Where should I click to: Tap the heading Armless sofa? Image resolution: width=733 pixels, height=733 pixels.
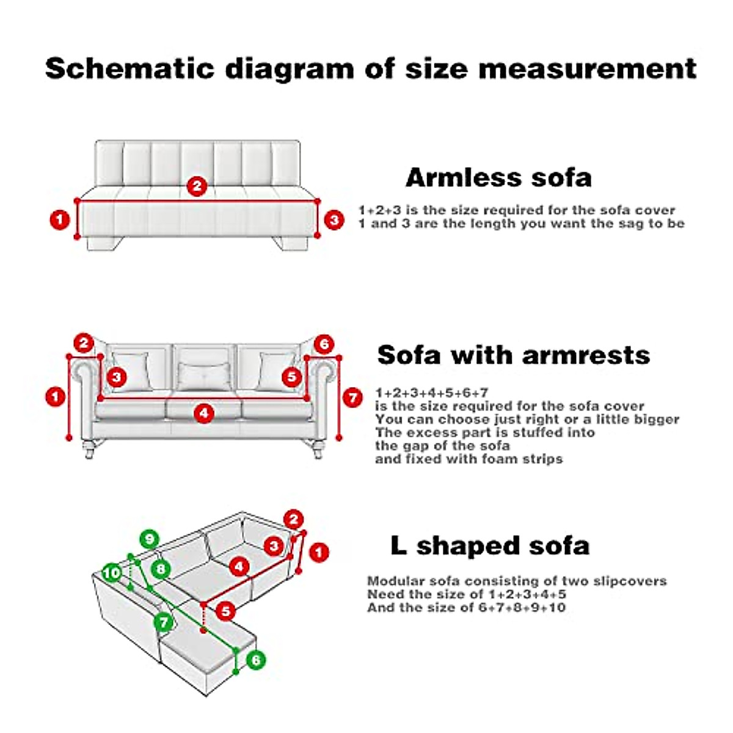[x=498, y=178]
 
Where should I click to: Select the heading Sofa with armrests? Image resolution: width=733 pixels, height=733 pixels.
[x=513, y=355]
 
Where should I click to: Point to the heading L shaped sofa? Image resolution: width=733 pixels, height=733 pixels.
[x=490, y=545]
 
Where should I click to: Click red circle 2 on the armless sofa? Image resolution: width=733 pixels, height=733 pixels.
[x=197, y=186]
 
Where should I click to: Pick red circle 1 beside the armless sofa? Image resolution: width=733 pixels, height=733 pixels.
[x=60, y=219]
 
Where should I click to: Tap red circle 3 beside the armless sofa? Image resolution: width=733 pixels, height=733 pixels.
[x=334, y=219]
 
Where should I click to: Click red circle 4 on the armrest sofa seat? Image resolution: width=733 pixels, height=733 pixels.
[x=204, y=414]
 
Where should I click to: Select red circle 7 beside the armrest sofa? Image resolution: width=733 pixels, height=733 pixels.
[x=352, y=398]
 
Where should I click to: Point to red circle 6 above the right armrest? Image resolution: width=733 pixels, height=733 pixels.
[x=324, y=344]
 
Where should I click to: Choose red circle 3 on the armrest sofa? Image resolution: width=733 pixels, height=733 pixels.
[x=117, y=377]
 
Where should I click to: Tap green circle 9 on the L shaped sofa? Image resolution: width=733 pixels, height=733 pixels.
[x=149, y=539]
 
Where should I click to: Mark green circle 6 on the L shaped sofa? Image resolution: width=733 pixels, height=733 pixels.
[x=256, y=660]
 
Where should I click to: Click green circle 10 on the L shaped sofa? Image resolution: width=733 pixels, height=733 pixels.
[x=112, y=573]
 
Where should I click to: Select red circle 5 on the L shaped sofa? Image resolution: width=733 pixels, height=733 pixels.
[x=226, y=610]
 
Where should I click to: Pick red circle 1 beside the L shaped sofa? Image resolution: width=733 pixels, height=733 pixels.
[x=318, y=553]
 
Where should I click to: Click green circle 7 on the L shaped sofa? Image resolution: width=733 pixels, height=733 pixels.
[x=163, y=622]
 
